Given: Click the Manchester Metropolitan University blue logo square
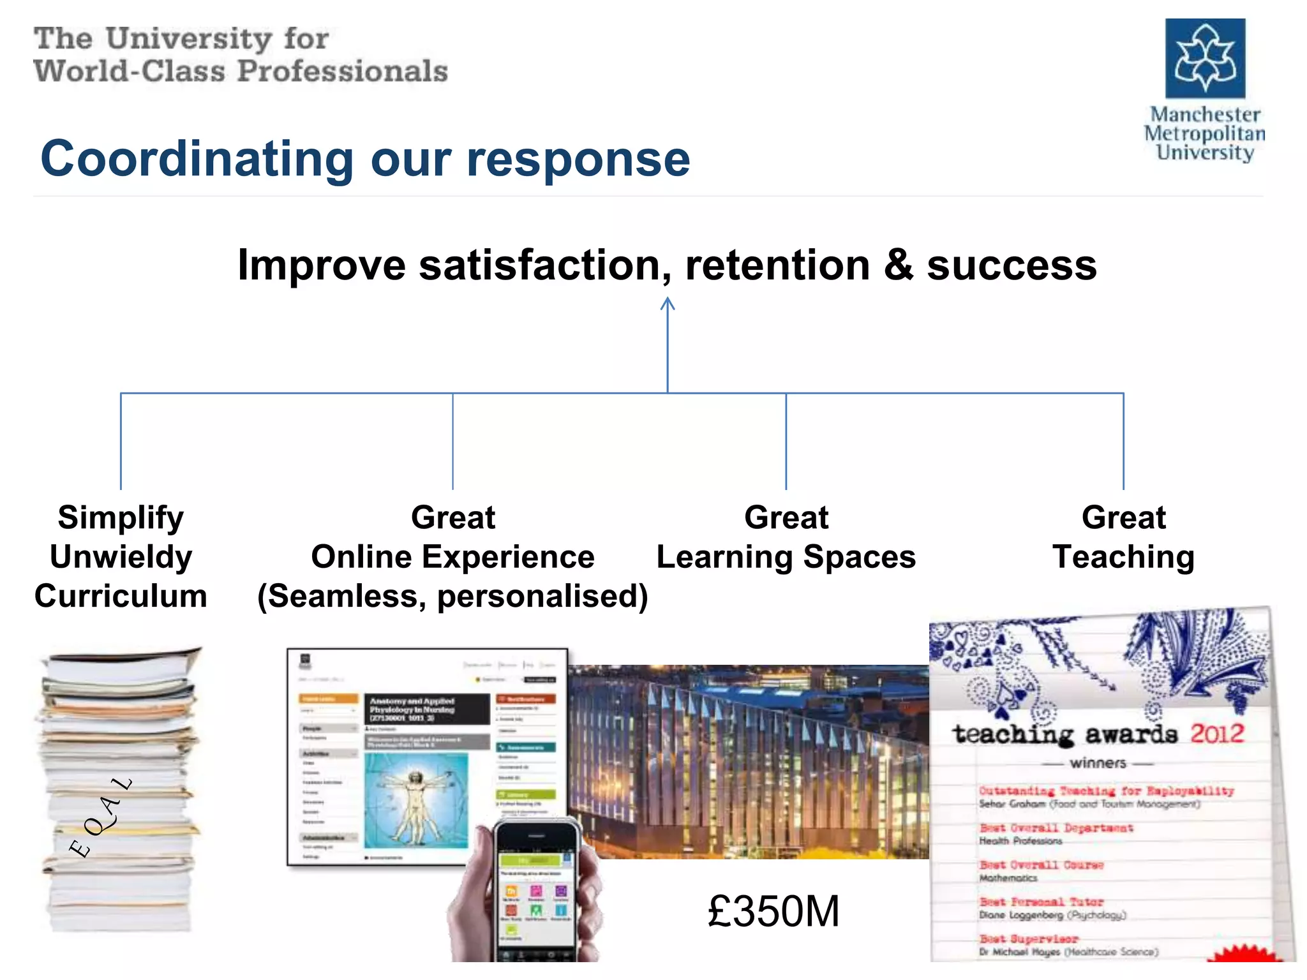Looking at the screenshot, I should [x=1205, y=58].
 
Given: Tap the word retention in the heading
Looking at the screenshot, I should [x=777, y=265].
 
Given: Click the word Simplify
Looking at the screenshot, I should [x=121, y=517].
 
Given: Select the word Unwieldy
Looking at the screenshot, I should [x=121, y=557].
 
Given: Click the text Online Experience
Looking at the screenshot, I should [x=452, y=557].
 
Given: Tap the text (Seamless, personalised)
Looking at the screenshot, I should [x=452, y=596].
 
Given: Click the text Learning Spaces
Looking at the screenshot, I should [x=786, y=557].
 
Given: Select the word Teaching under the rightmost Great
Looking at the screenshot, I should [x=1123, y=557].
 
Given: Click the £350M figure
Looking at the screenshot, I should [x=773, y=911].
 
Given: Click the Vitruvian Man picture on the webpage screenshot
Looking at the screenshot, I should [x=416, y=801].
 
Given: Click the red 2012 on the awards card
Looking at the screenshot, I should [x=1216, y=733].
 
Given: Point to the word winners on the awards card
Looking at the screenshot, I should [x=1098, y=763].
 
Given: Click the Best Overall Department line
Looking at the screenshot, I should [x=1056, y=828].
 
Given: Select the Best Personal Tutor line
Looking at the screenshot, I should [x=1042, y=902].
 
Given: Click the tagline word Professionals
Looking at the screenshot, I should [x=343, y=71].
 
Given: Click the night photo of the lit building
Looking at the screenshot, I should [x=747, y=759].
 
